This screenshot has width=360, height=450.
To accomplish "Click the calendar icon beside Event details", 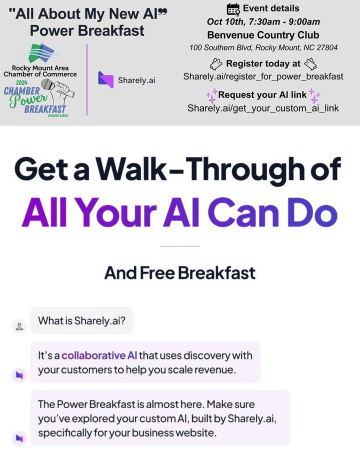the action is (x=233, y=9).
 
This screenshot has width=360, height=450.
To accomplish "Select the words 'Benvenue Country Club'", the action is (x=263, y=35).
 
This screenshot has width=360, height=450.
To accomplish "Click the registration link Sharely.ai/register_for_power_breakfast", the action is (x=263, y=76).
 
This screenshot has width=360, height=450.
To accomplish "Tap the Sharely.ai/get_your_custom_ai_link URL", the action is (x=263, y=108).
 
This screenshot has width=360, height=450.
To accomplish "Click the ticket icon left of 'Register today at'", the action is (x=216, y=63).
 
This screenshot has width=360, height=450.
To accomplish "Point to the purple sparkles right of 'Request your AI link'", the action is (x=314, y=95).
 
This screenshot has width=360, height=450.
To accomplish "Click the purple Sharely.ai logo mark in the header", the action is (x=105, y=79).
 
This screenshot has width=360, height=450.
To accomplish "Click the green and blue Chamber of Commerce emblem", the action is (x=39, y=53).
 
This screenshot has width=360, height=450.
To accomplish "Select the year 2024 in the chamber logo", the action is (x=21, y=82).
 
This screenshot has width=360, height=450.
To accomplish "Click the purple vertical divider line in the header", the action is (x=87, y=80).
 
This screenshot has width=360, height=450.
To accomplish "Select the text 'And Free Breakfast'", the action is (x=180, y=272).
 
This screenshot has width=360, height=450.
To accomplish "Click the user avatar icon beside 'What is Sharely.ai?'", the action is (x=19, y=326).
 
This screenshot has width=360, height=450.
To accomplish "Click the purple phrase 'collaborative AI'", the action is (x=99, y=355).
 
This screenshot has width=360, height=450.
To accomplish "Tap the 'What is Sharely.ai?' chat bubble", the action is (x=82, y=320).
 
